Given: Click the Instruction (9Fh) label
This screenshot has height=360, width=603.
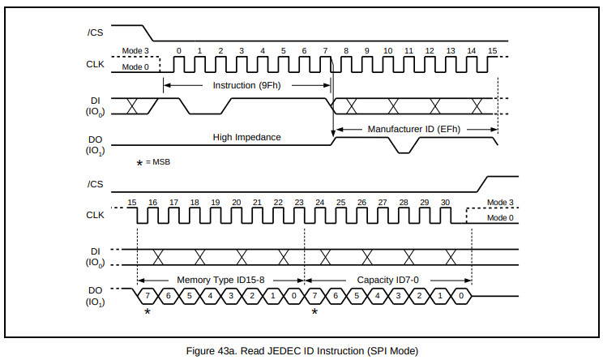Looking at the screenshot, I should tap(246, 85).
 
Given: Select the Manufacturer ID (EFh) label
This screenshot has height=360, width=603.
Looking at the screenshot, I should tap(414, 129).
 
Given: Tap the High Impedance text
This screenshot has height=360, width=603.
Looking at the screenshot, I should tap(246, 137).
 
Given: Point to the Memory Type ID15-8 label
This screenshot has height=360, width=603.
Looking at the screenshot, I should tap(220, 280).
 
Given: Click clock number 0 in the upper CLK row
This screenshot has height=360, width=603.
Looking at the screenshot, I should tap(178, 50).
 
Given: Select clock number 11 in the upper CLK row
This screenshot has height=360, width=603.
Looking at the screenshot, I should tap(408, 50).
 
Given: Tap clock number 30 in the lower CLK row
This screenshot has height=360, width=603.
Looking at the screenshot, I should tap(445, 201).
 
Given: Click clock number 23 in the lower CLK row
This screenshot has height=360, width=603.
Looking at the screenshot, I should tap(299, 201).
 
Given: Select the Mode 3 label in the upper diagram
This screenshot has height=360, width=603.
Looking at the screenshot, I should tap(135, 50).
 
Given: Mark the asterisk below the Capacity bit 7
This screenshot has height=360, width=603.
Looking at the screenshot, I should tap(314, 311).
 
